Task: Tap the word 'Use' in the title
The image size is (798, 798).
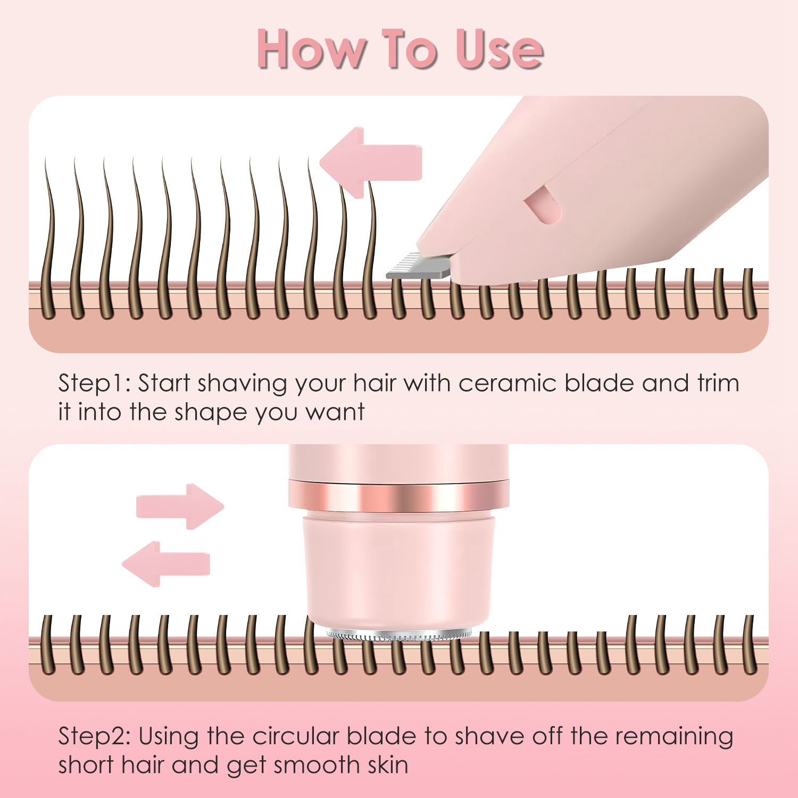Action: click(x=499, y=49)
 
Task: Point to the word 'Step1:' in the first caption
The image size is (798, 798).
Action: click(x=94, y=384)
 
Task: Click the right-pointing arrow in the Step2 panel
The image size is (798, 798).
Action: click(x=180, y=506)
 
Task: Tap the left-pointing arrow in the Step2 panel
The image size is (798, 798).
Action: click(x=166, y=564)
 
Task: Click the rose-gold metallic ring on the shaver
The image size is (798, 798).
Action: click(x=398, y=494)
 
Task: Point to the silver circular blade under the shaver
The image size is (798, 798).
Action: click(x=398, y=635)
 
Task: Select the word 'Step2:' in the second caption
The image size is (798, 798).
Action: click(x=94, y=737)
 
